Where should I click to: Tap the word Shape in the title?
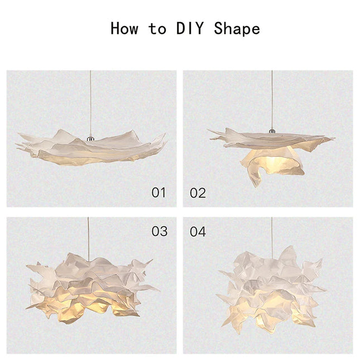tap(237, 28)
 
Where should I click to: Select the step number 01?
tap(159, 193)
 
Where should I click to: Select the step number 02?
tap(198, 193)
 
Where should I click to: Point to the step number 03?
tap(159, 231)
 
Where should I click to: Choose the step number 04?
tap(198, 231)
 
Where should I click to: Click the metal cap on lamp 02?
tap(272, 131)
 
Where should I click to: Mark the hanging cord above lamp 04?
tap(272, 234)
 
